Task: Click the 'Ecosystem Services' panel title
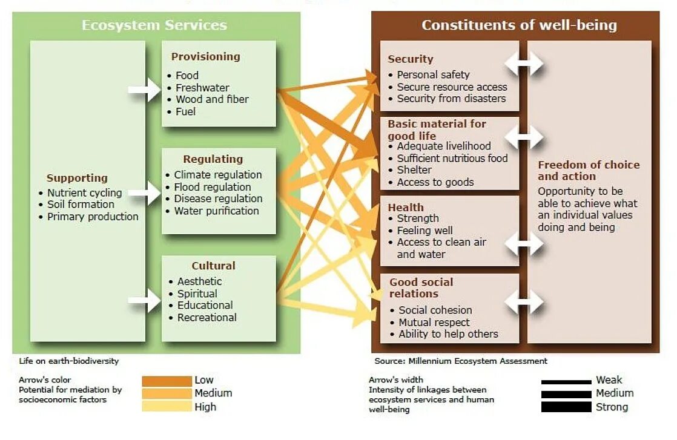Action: click(154, 25)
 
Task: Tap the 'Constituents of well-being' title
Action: click(519, 25)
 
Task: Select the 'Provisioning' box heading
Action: click(205, 57)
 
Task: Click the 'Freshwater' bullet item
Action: click(202, 88)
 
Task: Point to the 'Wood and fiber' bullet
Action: click(212, 99)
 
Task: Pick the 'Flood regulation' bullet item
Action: click(212, 187)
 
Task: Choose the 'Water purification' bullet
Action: click(216, 211)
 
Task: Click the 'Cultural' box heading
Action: click(213, 266)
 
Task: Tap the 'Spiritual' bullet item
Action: click(197, 294)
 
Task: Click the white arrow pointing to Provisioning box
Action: click(145, 90)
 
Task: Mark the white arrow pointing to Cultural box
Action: click(145, 300)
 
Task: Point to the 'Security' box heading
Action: click(411, 59)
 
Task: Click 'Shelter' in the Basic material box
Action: click(414, 170)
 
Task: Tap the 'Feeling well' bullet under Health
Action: click(424, 231)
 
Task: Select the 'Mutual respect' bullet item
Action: click(434, 323)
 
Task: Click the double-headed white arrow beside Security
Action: click(524, 63)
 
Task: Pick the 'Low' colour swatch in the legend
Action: click(167, 381)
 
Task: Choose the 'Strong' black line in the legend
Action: click(566, 407)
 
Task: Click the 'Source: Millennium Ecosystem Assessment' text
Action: click(460, 361)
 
